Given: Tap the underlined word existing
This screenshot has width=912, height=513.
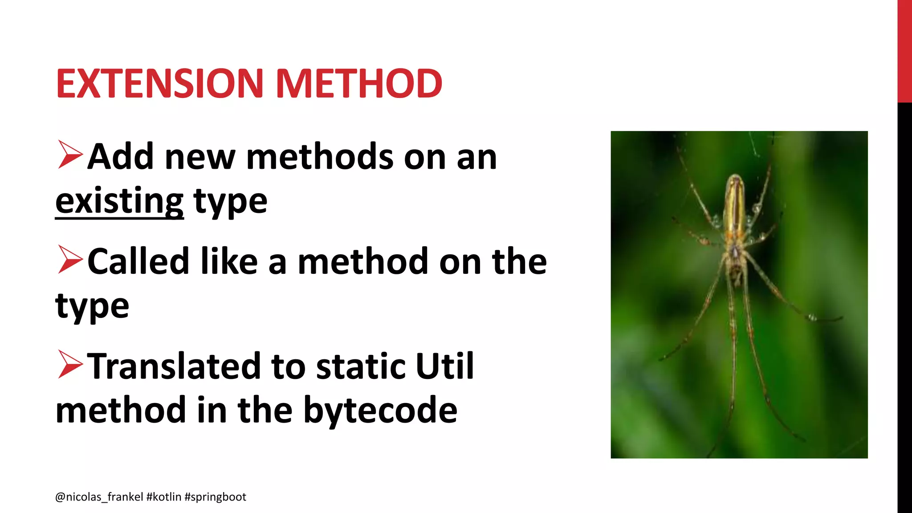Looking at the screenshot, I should point(119,202).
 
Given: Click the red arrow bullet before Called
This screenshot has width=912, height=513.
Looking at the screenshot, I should point(70,260).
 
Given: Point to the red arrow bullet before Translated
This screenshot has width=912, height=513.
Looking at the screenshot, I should point(70,365).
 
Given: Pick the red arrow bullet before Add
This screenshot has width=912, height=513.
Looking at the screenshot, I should point(70,155).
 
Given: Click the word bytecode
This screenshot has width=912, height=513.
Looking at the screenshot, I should point(380,410).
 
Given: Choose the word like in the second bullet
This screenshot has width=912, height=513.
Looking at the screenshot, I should point(229,261).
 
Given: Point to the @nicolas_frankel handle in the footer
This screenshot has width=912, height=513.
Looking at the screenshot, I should point(99,497).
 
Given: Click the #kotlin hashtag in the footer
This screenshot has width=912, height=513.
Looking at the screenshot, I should point(163,497).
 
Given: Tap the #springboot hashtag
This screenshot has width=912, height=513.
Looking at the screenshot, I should point(215,497).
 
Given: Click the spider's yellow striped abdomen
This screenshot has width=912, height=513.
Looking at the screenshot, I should point(735,203).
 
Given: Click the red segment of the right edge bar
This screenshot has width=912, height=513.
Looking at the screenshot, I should point(904,51).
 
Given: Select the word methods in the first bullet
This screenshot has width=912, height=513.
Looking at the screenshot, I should point(320,157).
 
